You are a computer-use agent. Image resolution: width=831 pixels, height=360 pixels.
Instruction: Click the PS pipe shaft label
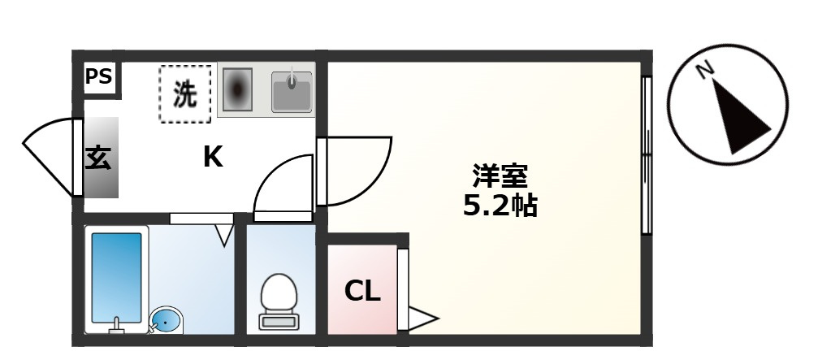click(x=99, y=77)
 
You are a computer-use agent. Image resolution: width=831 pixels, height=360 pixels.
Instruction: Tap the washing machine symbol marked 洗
click(x=185, y=94)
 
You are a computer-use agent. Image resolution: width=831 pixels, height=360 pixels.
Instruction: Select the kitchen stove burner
click(x=237, y=89)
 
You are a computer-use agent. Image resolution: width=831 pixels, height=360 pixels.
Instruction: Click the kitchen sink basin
click(x=292, y=93)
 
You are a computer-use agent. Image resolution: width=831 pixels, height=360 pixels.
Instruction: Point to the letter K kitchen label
click(x=213, y=158)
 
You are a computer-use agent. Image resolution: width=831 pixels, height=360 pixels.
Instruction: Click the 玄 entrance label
click(x=98, y=157)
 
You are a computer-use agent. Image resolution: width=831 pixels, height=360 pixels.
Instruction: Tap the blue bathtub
click(x=117, y=279)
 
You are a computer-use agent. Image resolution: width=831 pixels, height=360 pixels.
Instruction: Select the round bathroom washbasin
click(x=166, y=321)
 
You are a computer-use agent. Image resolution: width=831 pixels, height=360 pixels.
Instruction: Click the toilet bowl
click(x=279, y=293)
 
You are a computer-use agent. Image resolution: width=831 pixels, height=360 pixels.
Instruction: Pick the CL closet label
click(x=362, y=291)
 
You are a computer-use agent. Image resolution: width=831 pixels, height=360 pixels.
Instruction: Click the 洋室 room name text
click(x=500, y=176)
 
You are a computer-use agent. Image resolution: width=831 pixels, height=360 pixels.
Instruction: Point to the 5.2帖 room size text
click(x=500, y=206)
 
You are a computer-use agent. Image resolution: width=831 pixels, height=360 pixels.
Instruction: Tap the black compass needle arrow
click(x=739, y=117)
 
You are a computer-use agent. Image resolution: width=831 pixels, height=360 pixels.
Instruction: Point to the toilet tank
click(x=279, y=321)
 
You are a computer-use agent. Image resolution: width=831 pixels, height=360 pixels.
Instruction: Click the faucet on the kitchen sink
click(x=292, y=79)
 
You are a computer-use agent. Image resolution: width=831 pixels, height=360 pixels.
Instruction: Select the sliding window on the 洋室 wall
click(x=646, y=155)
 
